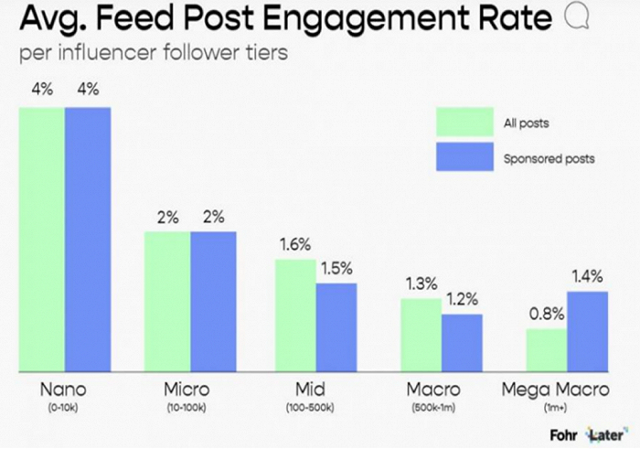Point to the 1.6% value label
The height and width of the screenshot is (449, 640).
(293, 244)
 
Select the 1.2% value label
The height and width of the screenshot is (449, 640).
(463, 298)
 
